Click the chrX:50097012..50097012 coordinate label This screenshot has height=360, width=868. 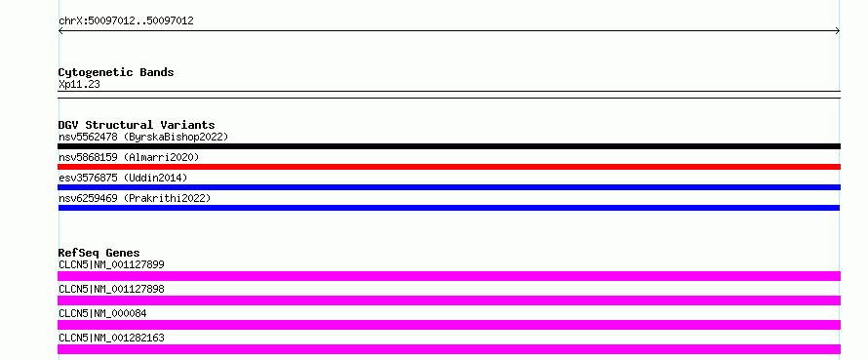coord(126,21)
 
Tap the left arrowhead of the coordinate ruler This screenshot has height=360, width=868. coord(59,31)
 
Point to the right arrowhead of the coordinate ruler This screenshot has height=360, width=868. coord(838,31)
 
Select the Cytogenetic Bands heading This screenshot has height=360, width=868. coord(116,72)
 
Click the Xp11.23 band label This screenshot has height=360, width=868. coord(79,85)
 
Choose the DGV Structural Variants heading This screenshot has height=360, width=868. coord(137,125)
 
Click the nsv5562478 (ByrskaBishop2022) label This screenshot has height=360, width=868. coord(143,137)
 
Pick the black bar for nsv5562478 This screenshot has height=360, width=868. coord(449,146)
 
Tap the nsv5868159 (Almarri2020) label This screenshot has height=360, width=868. coord(129,157)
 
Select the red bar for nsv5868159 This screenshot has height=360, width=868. coord(449,167)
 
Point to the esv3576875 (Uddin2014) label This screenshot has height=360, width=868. coord(123,178)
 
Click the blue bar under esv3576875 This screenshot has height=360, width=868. coord(449,187)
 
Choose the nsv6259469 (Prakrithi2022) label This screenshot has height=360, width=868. coord(135,198)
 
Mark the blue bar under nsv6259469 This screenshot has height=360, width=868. coord(449,208)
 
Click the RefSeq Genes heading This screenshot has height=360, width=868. coord(99,253)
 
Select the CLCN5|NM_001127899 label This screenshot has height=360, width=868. coord(111,264)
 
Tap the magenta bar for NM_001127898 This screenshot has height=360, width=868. coord(449,300)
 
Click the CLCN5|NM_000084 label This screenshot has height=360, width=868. coord(102,313)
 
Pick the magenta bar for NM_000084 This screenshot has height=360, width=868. coord(449,325)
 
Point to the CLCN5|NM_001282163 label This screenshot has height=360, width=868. coord(111,338)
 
